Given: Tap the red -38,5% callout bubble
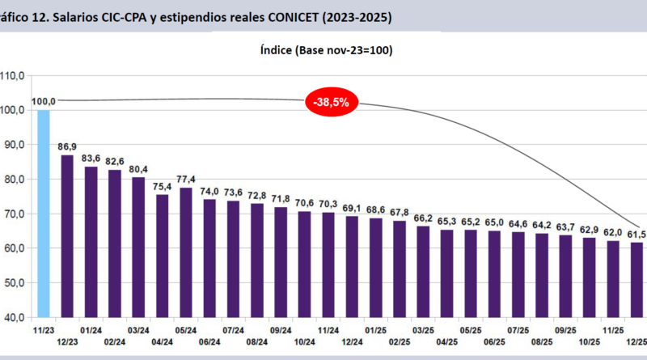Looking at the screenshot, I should point(332,103).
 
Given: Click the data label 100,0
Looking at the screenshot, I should point(44,101).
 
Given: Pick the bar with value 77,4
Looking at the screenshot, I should point(185,252).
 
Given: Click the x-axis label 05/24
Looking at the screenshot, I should point(185,330).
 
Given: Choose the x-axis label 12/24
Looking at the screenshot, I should point(351,342).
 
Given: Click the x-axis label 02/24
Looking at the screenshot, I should point(114,342).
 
